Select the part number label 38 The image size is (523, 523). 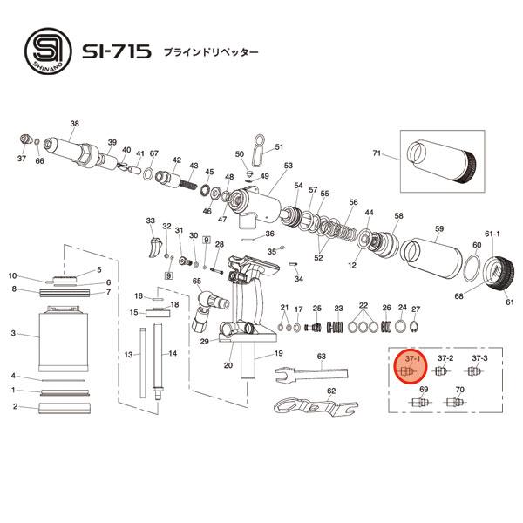click(x=74, y=123)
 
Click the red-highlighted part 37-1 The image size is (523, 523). click(x=405, y=370)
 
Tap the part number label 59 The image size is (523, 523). click(x=439, y=228)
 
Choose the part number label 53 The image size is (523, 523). click(x=289, y=166)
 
